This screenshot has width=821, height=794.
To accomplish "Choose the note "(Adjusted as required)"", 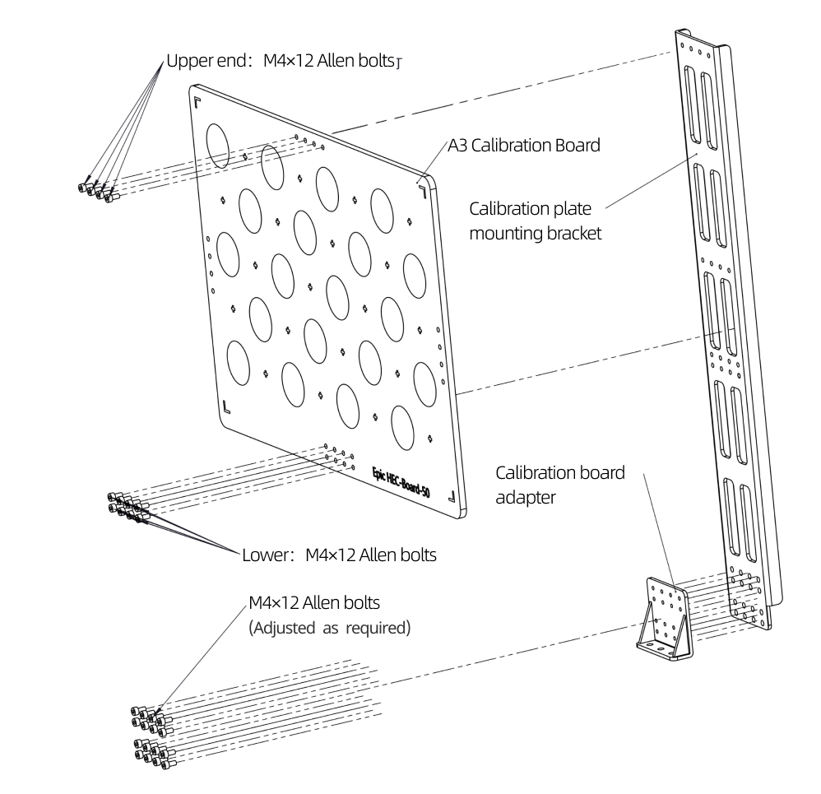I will pos(329,626).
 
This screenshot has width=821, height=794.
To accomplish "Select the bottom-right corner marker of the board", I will pos(451,496).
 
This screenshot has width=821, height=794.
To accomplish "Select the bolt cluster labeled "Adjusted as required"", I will pos(153,732).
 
